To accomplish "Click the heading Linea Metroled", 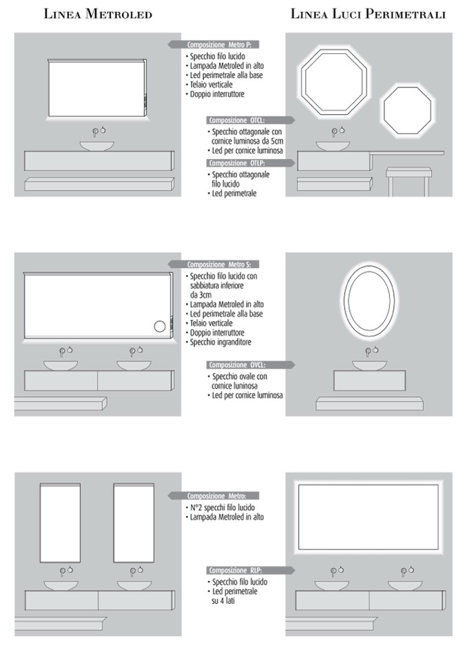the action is click(98, 14).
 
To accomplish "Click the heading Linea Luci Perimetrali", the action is click(368, 14).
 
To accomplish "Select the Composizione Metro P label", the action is click(219, 45).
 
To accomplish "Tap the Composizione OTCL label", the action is click(237, 120).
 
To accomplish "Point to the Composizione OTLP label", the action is click(237, 163).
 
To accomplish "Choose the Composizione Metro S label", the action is click(219, 265).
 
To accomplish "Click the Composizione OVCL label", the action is click(237, 365).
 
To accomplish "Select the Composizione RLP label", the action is click(236, 571).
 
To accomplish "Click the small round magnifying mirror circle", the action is click(160, 327).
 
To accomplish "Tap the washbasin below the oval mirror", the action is click(369, 365).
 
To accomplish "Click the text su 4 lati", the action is click(223, 601).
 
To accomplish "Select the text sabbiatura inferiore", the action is click(217, 286).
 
